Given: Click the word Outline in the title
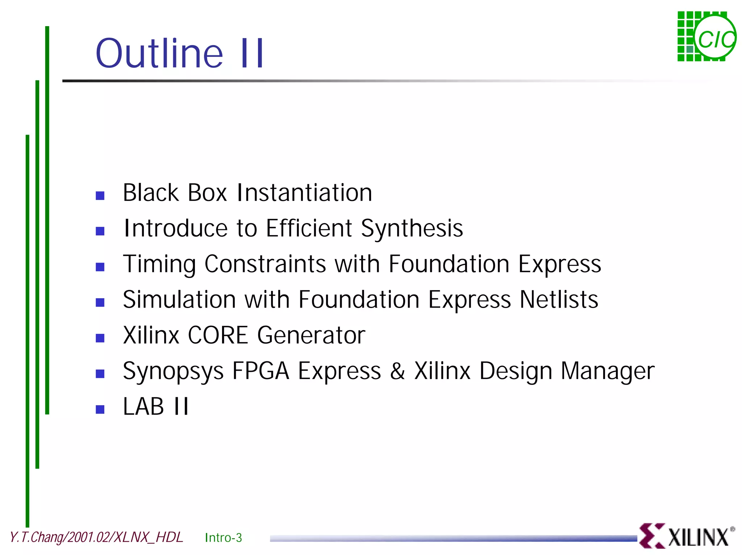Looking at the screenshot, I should [x=159, y=54].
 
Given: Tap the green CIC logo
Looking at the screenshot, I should [x=706, y=37].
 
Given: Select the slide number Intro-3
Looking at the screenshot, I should [x=223, y=538].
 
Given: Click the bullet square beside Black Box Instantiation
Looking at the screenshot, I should [x=100, y=196].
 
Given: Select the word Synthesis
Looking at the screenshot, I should [x=412, y=229].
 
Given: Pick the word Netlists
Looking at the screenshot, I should [x=559, y=300].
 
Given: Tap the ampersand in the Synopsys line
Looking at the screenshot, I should [x=397, y=371].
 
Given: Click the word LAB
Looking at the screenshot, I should [x=143, y=406].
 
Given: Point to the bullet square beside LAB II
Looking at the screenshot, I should [x=100, y=410].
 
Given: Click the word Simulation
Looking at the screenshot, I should [x=180, y=300].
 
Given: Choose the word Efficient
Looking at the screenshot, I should [x=309, y=228].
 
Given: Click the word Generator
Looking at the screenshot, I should [x=311, y=335].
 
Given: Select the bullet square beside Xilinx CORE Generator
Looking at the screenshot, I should [x=100, y=338].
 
